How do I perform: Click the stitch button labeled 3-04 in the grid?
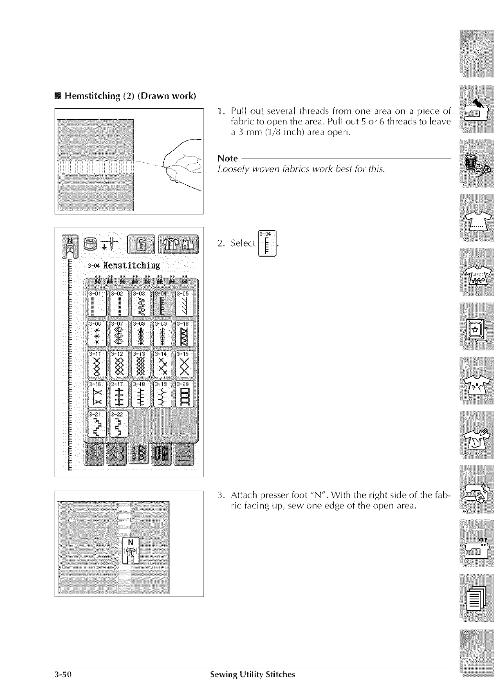[x=163, y=302]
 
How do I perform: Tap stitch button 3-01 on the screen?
[x=97, y=302]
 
